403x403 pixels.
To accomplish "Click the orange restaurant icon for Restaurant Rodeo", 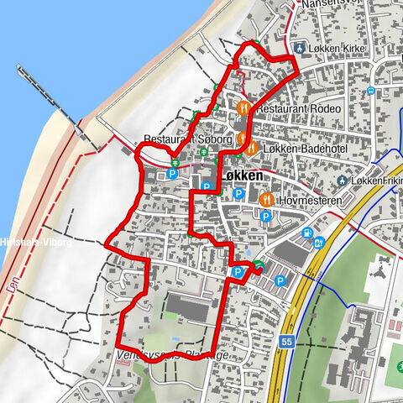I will (x=243, y=107).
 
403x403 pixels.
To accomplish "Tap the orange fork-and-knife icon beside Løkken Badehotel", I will (x=251, y=148).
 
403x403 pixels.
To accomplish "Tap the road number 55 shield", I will (x=287, y=343).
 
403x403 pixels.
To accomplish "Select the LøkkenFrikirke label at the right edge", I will (x=378, y=181).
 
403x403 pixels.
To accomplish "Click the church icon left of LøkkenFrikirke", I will (x=343, y=181).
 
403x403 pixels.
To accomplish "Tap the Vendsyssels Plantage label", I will (x=172, y=355).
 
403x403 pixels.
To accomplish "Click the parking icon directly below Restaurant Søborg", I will (x=172, y=174).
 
